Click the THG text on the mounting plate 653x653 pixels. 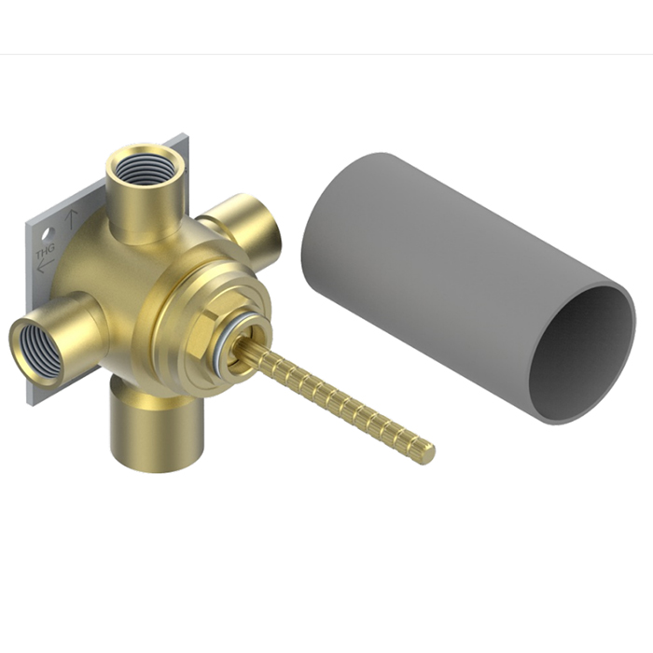pos(45,251)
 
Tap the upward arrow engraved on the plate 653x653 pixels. pos(71,220)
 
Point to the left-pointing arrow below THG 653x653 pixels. pos(46,266)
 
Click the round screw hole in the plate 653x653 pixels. pos(46,235)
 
